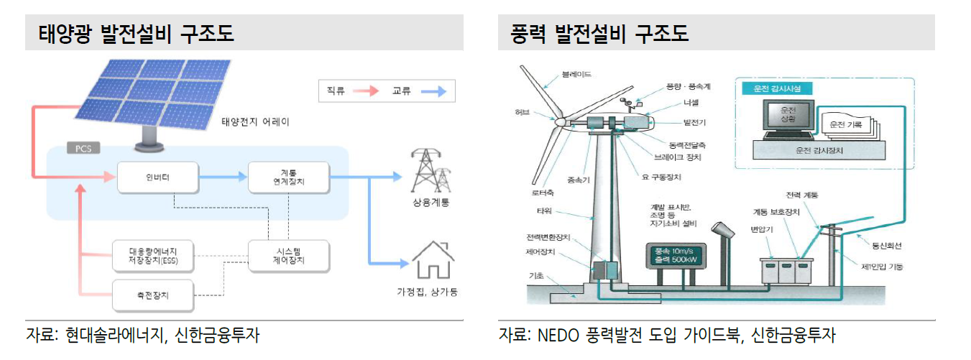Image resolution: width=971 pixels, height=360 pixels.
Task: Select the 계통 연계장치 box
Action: click(x=288, y=177)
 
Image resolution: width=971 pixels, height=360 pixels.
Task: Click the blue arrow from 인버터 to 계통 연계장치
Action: click(x=223, y=177)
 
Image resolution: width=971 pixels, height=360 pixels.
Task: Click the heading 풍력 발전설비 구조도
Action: click(x=599, y=34)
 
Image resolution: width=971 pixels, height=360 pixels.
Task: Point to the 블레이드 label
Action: click(x=576, y=74)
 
